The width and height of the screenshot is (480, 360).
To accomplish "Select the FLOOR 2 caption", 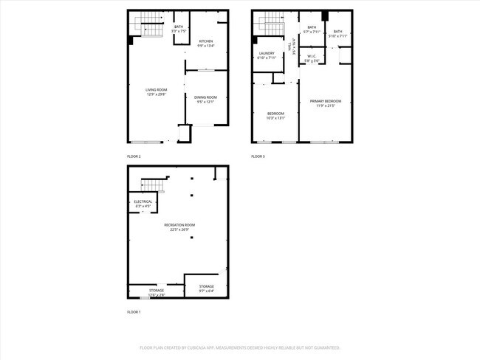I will point(134,156).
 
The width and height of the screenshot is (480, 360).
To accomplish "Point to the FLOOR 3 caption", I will point(258,156).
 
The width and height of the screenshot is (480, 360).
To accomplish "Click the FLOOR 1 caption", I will point(134,312).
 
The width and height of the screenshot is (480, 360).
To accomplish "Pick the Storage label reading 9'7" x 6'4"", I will point(206,288).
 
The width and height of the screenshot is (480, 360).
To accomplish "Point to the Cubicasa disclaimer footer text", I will point(240,347).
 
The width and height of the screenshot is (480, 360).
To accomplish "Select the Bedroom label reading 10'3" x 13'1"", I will point(275,115).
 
